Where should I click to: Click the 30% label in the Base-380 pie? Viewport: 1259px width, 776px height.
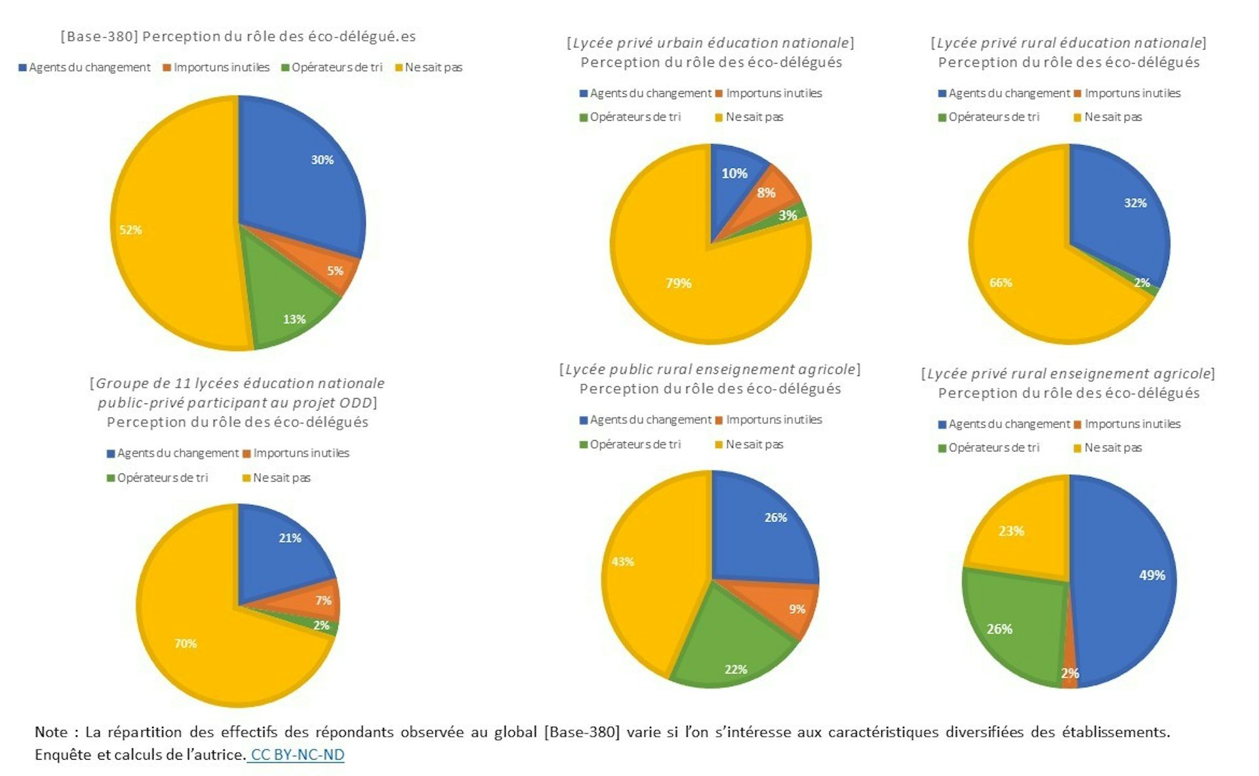pos(322,160)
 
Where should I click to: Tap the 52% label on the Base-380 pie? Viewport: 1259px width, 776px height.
pos(130,230)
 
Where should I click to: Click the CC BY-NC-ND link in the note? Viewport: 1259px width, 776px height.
pos(297,754)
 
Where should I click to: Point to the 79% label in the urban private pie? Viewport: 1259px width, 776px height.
pos(679,283)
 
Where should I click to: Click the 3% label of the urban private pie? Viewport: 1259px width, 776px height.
pos(788,216)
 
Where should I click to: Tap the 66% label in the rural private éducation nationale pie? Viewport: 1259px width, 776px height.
pos(1001,283)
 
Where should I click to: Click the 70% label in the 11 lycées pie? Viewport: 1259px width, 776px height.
pos(186,643)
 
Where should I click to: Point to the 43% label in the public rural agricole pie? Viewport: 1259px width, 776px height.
pos(623,562)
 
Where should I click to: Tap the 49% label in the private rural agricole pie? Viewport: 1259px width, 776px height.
pos(1152,575)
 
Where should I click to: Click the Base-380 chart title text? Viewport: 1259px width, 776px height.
pos(238,36)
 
